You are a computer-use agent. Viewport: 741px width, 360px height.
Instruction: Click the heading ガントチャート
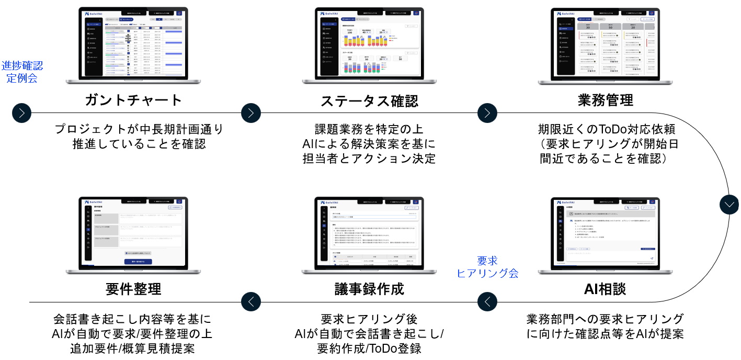tap(133, 100)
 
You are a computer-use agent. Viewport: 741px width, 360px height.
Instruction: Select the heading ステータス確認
tap(369, 100)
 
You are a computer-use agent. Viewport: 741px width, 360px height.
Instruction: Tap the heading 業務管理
tap(605, 99)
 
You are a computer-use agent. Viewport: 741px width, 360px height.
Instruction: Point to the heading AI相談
tap(605, 288)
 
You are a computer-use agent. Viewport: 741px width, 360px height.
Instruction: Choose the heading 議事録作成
tap(369, 288)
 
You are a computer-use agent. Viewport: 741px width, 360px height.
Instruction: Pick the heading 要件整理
tap(133, 288)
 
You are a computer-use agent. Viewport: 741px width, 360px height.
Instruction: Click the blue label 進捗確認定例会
tap(22, 72)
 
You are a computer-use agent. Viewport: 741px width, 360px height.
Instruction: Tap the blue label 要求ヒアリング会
tap(487, 267)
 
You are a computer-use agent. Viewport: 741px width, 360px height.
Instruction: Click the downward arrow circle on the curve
tap(729, 204)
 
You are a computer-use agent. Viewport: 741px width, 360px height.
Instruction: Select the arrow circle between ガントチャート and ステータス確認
tap(251, 113)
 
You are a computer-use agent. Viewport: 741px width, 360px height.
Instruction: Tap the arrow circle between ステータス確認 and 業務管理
tap(487, 113)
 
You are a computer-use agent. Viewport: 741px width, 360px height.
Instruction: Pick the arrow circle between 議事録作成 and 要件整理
tap(251, 301)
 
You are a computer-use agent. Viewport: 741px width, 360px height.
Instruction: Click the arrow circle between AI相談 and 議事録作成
tap(487, 301)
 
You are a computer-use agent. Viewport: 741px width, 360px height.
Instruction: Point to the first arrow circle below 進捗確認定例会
tap(22, 113)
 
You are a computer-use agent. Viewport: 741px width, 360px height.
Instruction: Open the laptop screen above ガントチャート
tap(133, 43)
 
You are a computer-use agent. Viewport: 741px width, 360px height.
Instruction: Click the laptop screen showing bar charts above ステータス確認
tap(369, 43)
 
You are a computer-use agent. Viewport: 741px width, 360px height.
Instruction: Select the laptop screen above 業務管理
tap(605, 43)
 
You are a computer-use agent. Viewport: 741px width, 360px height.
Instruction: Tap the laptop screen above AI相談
tap(605, 231)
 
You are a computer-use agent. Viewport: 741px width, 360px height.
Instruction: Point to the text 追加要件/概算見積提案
tap(133, 348)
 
